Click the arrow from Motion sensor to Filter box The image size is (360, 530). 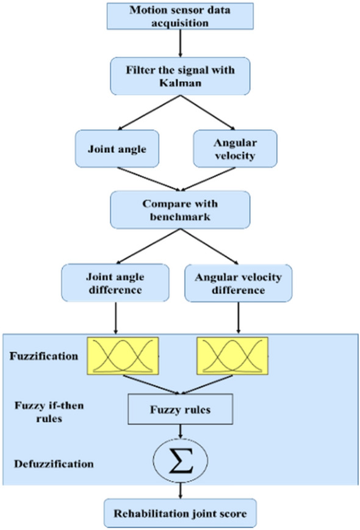pos(179,42)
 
